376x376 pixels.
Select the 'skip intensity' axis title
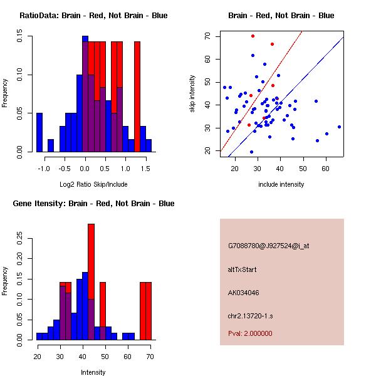coord(193,93)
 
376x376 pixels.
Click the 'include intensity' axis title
coord(281,184)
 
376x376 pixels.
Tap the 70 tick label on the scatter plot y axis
coord(207,36)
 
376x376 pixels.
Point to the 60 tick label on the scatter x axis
coord(326,168)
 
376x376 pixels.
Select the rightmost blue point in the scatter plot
coord(339,127)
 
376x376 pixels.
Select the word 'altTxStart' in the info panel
coord(243,269)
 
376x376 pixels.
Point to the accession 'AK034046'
coord(243,292)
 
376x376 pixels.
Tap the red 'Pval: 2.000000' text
coord(250,333)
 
